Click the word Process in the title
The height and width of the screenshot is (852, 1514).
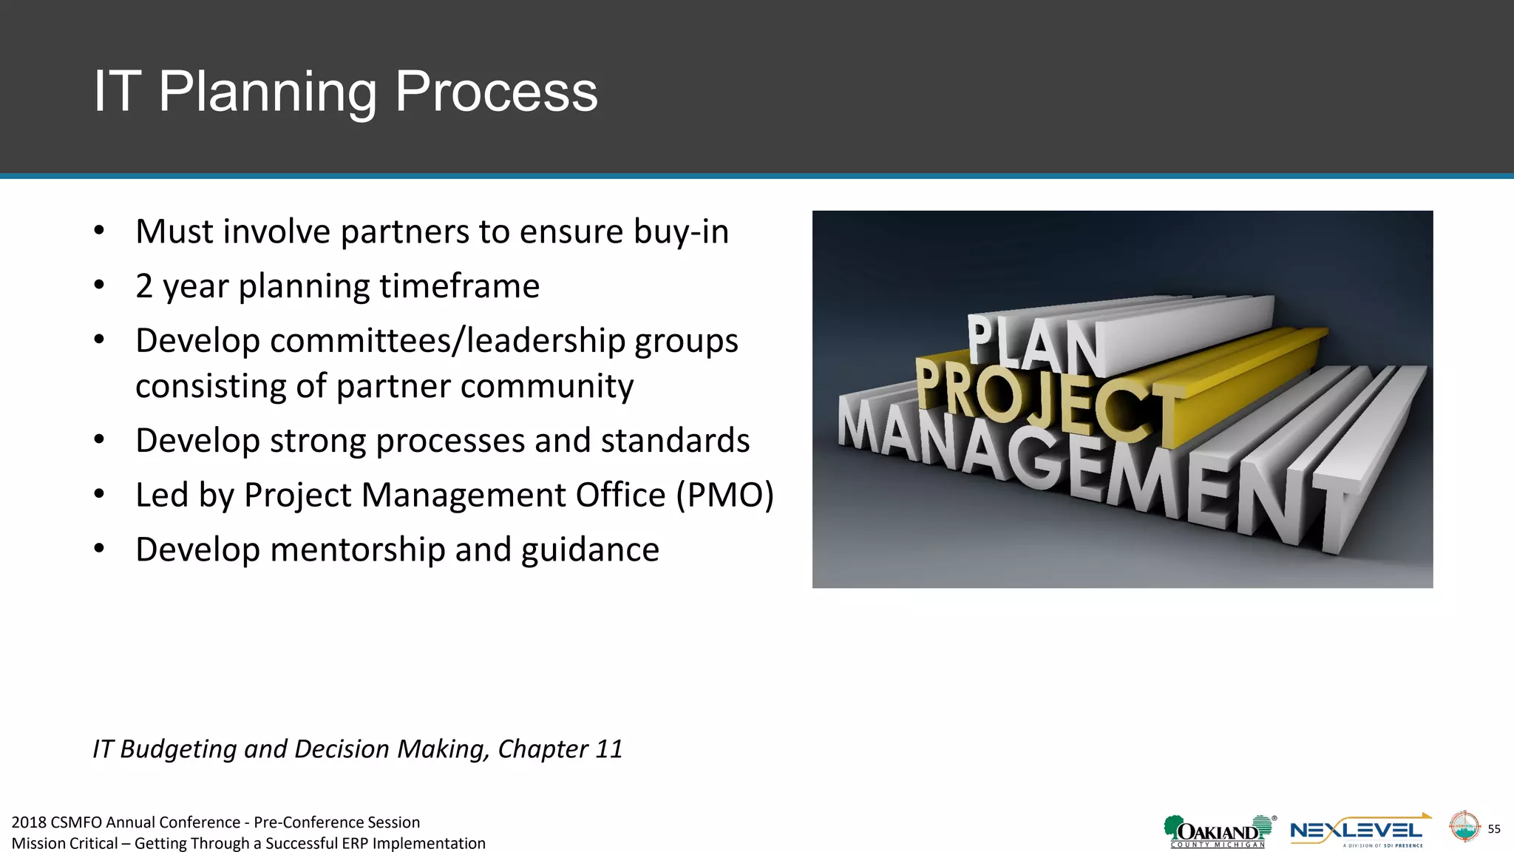coord(495,92)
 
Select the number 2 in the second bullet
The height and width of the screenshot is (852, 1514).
coord(144,286)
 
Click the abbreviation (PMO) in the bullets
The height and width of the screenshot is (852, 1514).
coord(724,495)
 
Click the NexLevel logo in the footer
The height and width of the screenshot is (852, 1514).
coord(1359,832)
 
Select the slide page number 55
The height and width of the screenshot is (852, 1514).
coord(1493,829)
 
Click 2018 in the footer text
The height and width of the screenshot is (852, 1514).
coord(29,822)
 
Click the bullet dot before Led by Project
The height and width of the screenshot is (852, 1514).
coord(99,495)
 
